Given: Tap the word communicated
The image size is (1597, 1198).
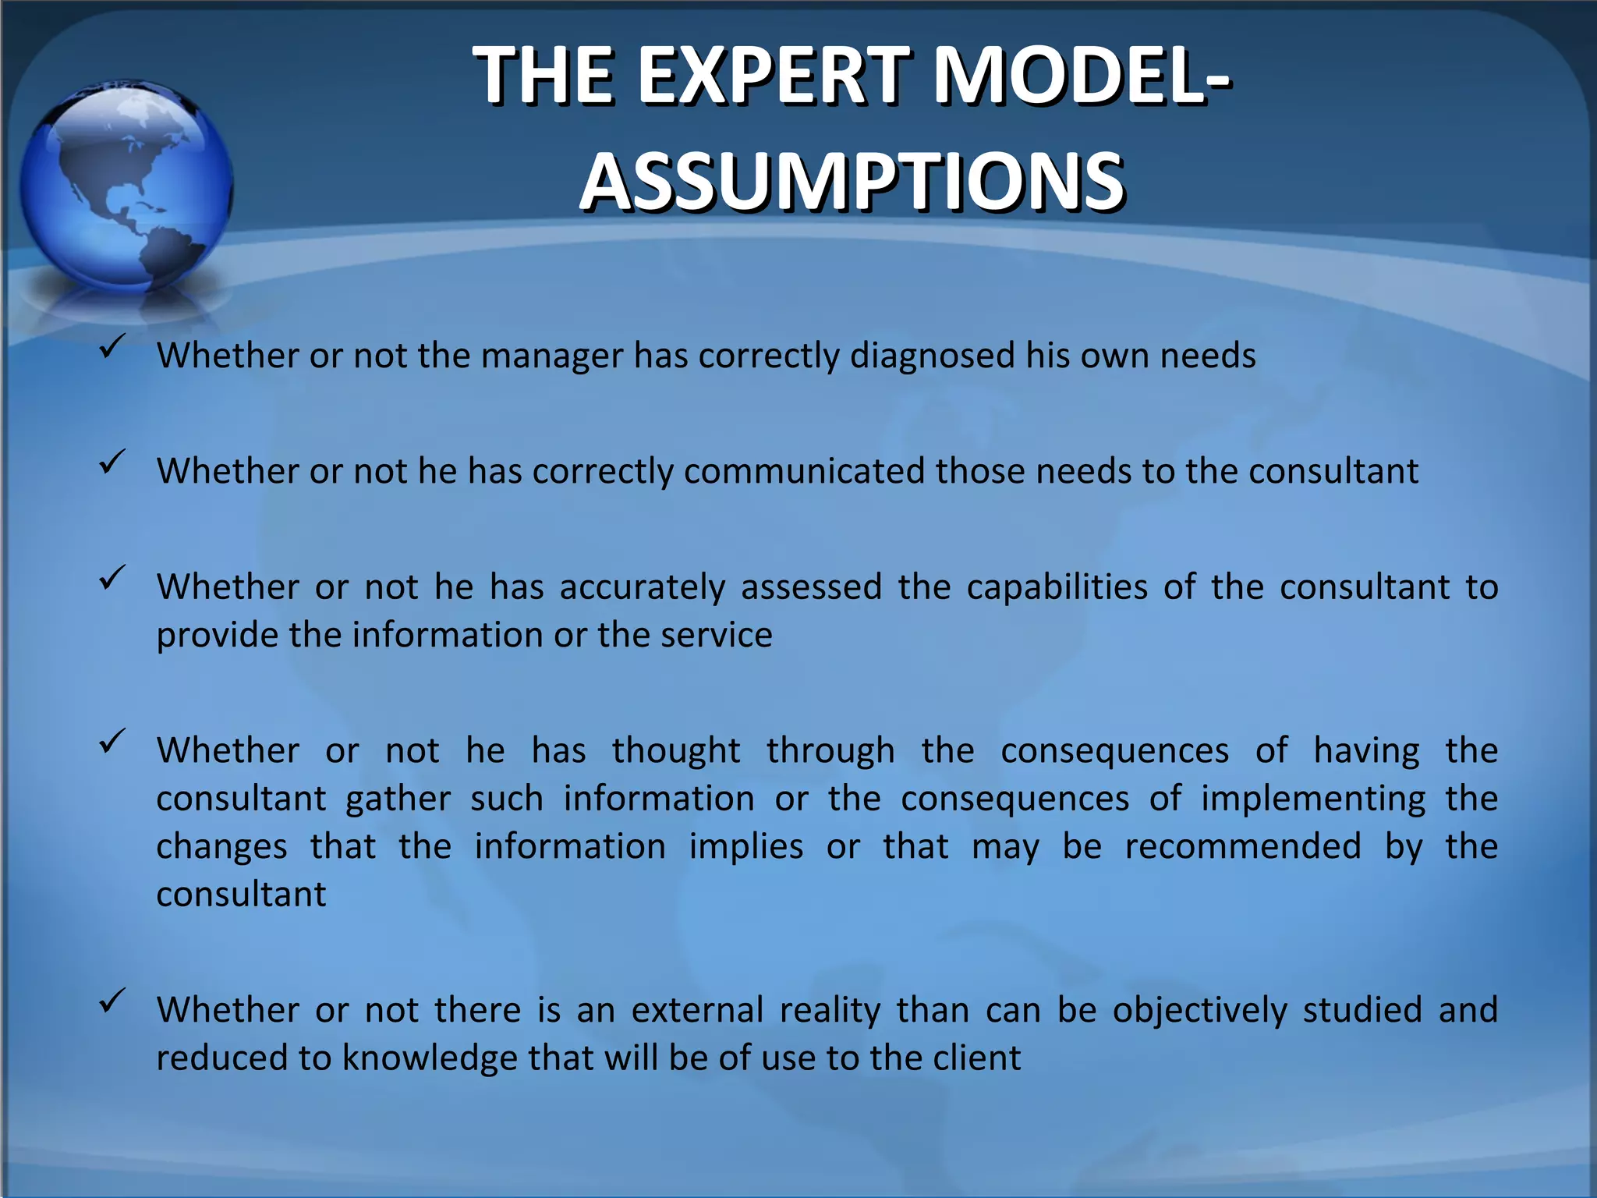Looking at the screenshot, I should click(804, 471).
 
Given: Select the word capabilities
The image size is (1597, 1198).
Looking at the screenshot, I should click(1057, 587).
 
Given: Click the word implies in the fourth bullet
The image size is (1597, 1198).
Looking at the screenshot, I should click(746, 846).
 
